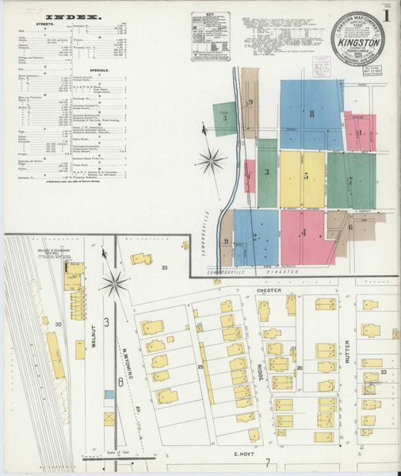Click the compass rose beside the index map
212,161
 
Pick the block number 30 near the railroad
58,324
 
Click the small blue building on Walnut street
109,417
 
